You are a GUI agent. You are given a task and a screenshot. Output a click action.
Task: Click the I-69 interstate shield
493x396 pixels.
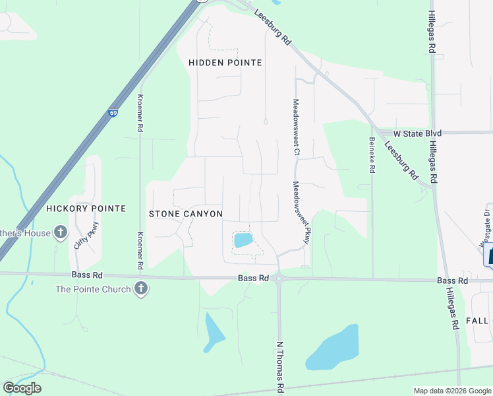pos(113,114)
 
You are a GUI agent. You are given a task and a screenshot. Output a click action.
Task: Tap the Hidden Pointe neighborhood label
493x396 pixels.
pos(225,63)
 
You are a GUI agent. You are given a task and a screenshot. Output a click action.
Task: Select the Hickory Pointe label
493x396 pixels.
pos(86,209)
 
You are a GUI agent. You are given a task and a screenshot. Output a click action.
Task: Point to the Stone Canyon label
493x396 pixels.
pos(186,214)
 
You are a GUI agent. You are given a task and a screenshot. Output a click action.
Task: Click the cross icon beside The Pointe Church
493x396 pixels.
pos(140,289)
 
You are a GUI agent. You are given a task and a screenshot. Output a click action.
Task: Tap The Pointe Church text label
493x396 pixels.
pos(93,289)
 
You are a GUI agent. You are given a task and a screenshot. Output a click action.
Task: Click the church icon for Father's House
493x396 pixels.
pos(61,232)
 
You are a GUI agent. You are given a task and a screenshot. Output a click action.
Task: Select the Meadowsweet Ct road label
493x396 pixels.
pos(297,127)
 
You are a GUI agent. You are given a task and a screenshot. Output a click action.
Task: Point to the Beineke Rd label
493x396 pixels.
pos(372,155)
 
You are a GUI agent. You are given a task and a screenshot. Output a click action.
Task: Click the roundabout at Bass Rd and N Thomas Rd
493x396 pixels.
pos(279,279)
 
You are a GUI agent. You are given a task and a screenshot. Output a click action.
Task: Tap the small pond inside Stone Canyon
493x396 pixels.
pos(243,240)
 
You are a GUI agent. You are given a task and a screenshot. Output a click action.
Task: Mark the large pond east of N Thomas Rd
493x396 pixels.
pos(333,348)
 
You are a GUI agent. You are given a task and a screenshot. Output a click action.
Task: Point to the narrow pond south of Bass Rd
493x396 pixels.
pos(214,332)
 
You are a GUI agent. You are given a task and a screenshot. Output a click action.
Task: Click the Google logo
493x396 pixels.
pos(22,388)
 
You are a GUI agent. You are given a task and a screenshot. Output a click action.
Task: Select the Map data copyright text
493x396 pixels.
pos(451,391)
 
